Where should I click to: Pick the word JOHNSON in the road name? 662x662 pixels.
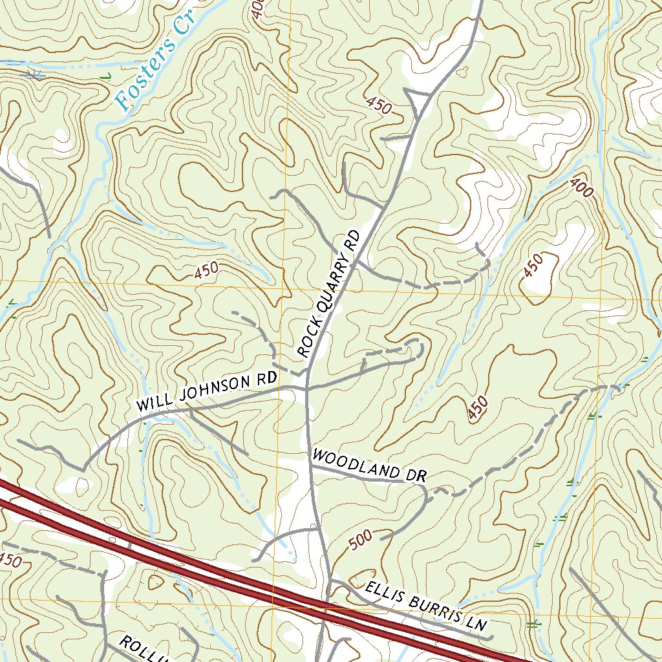216,389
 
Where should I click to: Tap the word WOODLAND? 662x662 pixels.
354,465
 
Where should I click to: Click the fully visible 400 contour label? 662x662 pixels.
582,187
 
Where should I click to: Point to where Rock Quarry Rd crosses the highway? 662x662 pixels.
325,608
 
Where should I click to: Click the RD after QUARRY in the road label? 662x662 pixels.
352,239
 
